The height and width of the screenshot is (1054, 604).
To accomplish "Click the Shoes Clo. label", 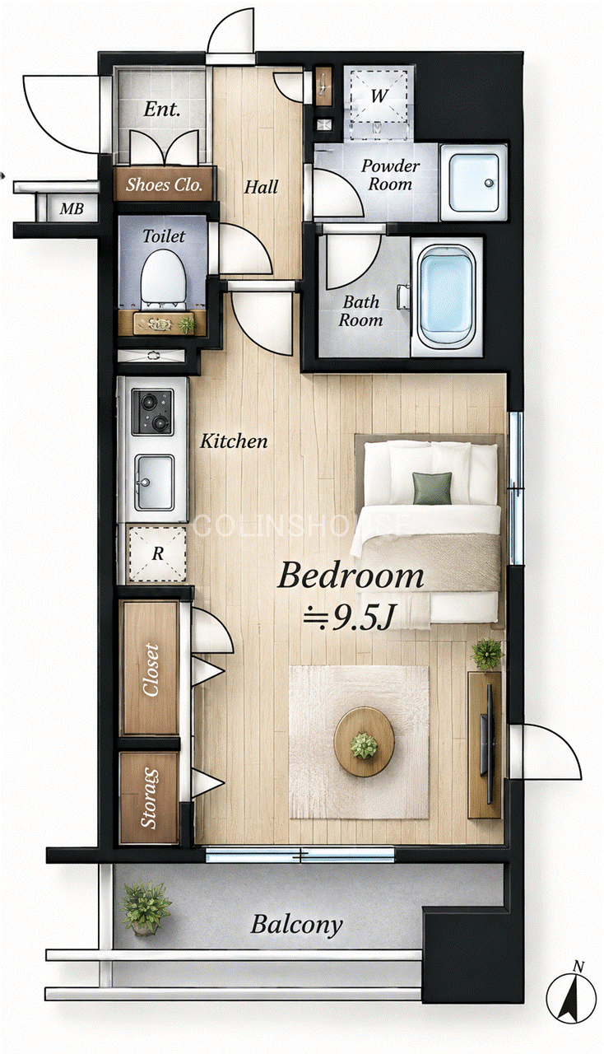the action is [164, 185].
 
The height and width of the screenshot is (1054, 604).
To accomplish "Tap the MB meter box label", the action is [72, 208].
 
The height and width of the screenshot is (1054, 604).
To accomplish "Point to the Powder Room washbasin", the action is [473, 183].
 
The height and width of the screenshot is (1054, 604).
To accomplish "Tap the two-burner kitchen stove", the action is [152, 411].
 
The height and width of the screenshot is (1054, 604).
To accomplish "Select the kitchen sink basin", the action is [154, 483].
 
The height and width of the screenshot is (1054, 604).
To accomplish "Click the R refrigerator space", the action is [157, 554].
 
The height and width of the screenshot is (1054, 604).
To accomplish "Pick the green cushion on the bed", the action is [432, 488].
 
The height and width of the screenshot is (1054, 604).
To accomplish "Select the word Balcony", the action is [296, 925].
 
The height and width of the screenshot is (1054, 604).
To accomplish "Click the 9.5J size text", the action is [347, 618].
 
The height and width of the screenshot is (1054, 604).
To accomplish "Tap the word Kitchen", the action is [234, 441].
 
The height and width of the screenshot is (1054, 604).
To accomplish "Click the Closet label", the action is [151, 669].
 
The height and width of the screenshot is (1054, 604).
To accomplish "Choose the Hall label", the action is [261, 187].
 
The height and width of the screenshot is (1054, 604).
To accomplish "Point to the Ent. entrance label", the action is [162, 110].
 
